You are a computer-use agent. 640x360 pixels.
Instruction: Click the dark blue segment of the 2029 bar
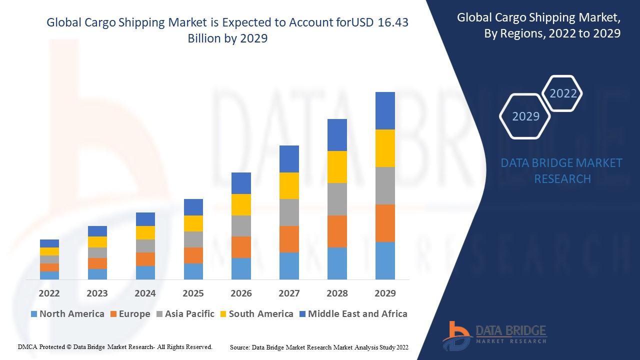pyautogui.click(x=385, y=110)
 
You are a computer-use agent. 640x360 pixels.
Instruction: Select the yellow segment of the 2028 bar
pyautogui.click(x=337, y=167)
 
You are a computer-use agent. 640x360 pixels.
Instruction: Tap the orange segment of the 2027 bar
pyautogui.click(x=289, y=239)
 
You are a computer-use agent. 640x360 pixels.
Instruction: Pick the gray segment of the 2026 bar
pyautogui.click(x=241, y=226)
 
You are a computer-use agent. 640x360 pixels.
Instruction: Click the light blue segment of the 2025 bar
pyautogui.click(x=193, y=271)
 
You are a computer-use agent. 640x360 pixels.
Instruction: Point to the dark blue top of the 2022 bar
pyautogui.click(x=49, y=243)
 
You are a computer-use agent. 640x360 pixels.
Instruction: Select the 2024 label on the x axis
pyautogui.click(x=145, y=293)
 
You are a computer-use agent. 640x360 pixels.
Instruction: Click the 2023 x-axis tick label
pyautogui.click(x=97, y=293)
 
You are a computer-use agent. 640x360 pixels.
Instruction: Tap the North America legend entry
pyautogui.click(x=67, y=314)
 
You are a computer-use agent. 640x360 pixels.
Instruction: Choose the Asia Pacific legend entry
pyautogui.click(x=185, y=314)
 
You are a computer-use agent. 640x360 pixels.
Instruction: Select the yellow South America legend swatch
pyautogui.click(x=223, y=314)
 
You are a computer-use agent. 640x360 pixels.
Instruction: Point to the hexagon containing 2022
pyautogui.click(x=563, y=93)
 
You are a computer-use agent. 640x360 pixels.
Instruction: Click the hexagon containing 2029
pyautogui.click(x=525, y=116)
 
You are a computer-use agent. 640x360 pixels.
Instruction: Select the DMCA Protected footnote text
pyautogui.click(x=115, y=346)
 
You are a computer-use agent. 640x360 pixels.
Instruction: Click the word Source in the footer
pyautogui.click(x=240, y=347)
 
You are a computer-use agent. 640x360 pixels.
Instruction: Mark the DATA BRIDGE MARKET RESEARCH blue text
pyautogui.click(x=561, y=170)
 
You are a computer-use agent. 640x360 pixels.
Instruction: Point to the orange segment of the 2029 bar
pyautogui.click(x=385, y=223)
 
